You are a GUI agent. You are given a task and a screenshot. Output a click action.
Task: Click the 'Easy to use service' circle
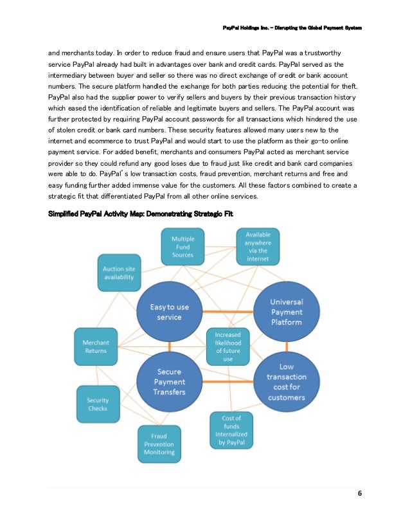[170, 312]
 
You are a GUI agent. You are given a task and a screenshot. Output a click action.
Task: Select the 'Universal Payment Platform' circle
[287, 312]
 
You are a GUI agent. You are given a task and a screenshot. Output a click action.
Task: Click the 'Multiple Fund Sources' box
[183, 247]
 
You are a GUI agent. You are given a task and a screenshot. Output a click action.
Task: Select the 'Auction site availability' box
[119, 272]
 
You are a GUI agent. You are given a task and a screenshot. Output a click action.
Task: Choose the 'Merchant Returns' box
[95, 346]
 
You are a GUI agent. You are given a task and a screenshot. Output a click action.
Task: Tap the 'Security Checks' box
[98, 404]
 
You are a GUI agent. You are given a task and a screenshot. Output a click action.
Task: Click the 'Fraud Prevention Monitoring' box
[159, 443]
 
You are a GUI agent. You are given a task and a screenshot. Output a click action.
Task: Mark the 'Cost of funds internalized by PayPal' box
[232, 430]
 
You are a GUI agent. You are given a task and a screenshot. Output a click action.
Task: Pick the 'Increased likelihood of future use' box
[228, 346]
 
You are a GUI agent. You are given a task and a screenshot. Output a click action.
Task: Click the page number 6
[360, 494]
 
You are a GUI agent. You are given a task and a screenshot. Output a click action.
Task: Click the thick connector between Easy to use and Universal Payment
[227, 312]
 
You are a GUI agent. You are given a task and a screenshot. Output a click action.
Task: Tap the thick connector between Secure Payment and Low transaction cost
[228, 383]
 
